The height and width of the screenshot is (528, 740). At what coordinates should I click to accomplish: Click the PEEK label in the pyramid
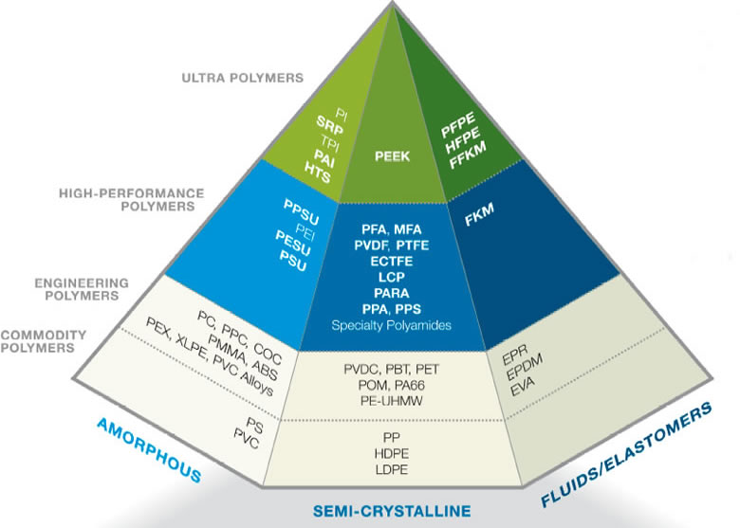point(393,157)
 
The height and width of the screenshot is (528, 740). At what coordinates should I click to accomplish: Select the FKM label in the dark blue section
point(480,219)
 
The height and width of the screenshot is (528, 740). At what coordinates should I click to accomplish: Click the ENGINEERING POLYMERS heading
point(82,288)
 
